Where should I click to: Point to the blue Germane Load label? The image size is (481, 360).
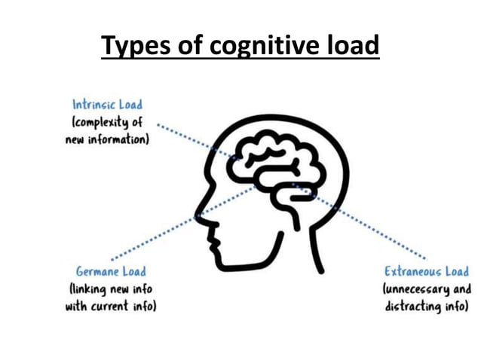pos(111,270)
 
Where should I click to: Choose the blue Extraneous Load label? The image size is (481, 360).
pos(426,271)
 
